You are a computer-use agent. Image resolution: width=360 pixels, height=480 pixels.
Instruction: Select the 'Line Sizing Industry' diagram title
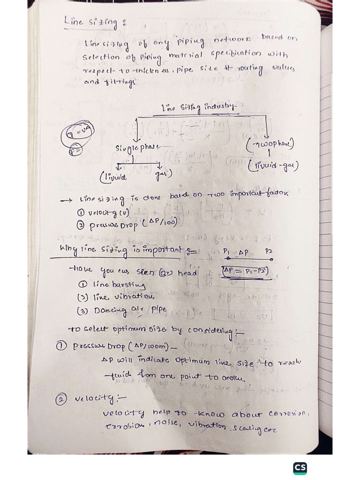tap(200, 108)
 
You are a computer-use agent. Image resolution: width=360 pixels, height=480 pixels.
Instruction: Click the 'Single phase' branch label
tap(137, 148)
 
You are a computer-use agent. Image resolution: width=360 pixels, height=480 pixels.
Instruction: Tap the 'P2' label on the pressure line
tap(269, 251)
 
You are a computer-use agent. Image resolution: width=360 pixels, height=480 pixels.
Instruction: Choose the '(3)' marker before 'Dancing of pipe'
tap(82, 310)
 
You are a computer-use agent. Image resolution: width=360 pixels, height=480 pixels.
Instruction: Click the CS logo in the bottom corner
tap(300, 468)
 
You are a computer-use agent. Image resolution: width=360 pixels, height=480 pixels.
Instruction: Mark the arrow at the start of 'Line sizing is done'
tap(66, 199)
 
